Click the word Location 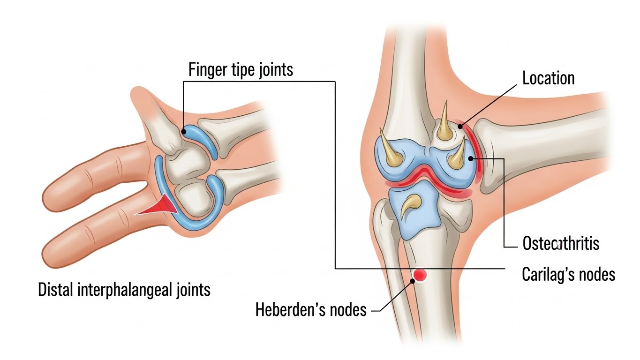click(548, 78)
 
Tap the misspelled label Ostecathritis click(560, 244)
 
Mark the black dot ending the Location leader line click(461, 125)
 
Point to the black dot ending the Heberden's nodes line click(413, 281)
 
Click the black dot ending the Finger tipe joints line click(184, 132)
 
